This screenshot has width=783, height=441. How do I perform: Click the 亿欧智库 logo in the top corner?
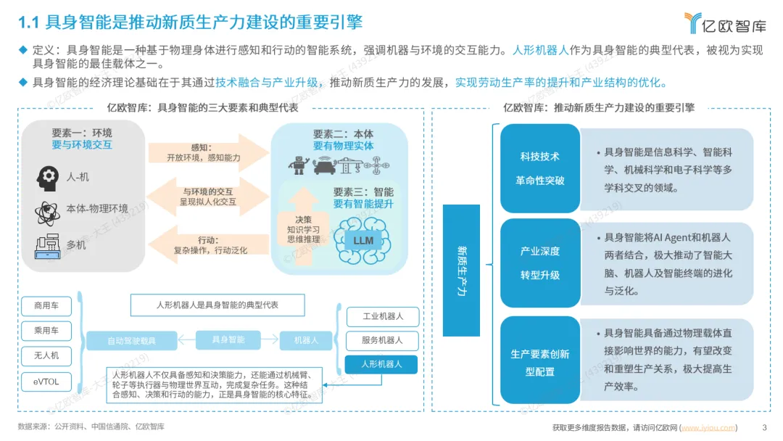725,23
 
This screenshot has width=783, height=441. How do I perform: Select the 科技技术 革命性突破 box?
540,168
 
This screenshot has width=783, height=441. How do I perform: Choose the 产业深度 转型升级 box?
540,263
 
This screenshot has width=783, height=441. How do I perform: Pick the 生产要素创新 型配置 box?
540,362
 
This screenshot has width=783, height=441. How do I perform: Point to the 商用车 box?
45,305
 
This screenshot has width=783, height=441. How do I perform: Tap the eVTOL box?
45,381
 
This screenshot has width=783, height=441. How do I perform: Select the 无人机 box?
45,355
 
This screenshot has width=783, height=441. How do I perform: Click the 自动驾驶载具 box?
131,339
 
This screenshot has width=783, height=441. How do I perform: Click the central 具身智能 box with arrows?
228,339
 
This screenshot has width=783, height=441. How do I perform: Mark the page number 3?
764,426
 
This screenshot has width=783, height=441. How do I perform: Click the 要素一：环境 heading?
82,133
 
